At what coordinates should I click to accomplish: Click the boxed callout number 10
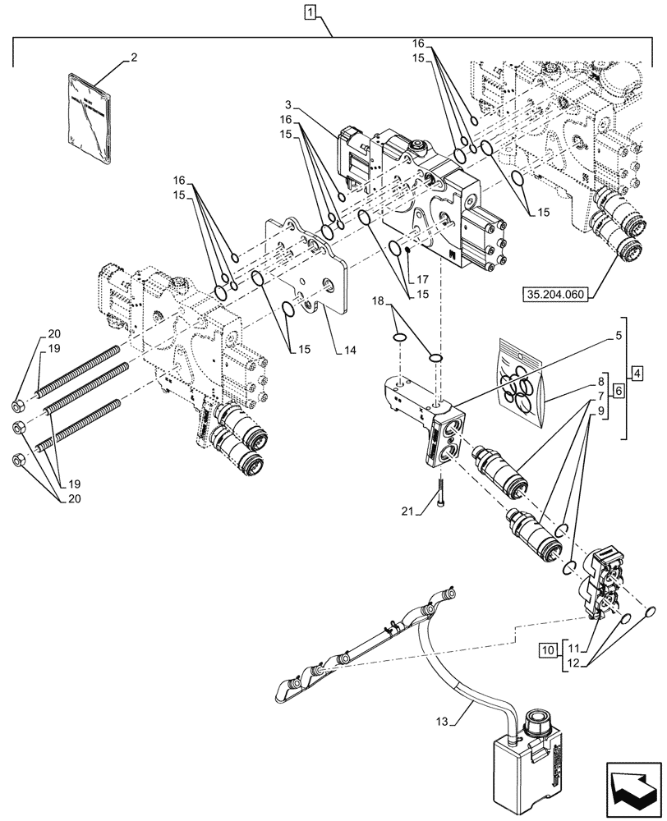(547, 651)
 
